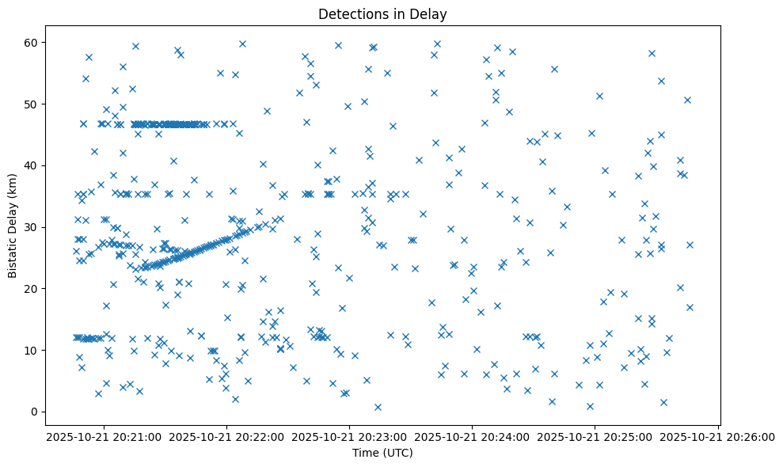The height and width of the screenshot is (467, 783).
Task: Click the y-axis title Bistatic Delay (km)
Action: point(13,226)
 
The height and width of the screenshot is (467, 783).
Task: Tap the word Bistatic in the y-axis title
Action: point(13,255)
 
